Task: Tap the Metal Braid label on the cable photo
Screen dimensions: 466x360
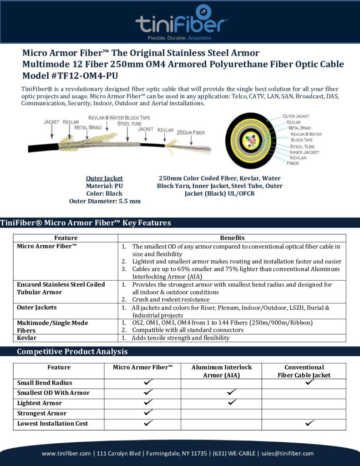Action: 88,128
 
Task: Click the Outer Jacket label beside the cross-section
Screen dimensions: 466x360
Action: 295,116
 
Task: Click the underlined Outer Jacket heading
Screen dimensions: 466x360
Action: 104,178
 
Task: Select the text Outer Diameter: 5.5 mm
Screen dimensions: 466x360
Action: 105,201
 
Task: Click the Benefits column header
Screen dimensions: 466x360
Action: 232,238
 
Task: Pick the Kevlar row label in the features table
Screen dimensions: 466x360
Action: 27,338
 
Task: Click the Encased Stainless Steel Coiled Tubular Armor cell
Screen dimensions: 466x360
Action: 61,288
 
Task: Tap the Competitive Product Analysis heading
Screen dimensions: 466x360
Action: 72,352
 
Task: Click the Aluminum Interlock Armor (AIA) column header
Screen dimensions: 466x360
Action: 221,371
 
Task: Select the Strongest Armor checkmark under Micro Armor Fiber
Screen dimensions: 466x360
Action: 148,413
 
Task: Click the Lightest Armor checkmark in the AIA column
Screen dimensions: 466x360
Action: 232,403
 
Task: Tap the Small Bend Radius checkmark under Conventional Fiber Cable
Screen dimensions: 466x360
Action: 310,383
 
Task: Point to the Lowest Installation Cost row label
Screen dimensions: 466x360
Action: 52,424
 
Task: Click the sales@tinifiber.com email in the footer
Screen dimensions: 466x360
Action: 287,453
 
